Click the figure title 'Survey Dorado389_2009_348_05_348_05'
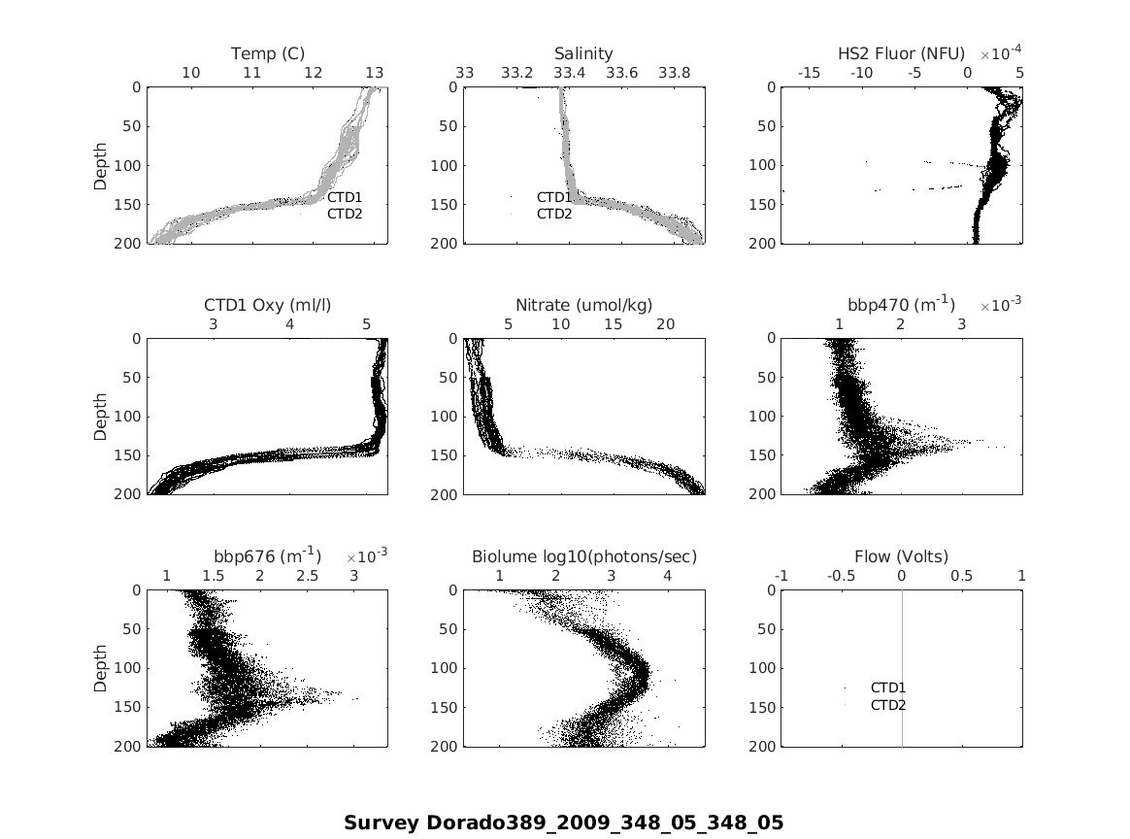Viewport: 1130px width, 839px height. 563,822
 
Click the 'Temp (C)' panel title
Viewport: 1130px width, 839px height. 268,53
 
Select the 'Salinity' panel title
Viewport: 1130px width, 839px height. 583,53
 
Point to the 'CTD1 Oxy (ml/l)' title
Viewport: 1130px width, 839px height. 268,305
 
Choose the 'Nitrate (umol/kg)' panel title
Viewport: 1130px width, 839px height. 583,305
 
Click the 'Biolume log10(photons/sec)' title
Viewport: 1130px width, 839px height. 584,556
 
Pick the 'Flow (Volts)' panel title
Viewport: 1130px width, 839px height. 901,556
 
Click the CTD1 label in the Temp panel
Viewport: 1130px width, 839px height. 345,197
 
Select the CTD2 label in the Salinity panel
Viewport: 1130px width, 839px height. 554,214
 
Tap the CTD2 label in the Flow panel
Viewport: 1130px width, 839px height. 887,705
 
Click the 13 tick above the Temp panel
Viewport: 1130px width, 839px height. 374,73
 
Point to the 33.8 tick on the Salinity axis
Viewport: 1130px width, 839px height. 674,73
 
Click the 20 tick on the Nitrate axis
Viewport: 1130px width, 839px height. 665,324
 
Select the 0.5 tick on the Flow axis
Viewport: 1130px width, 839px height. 961,576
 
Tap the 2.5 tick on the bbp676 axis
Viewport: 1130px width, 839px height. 307,576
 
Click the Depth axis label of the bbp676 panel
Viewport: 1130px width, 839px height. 101,668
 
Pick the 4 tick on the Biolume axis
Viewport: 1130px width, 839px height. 667,576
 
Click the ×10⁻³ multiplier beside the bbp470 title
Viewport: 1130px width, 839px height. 1000,304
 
